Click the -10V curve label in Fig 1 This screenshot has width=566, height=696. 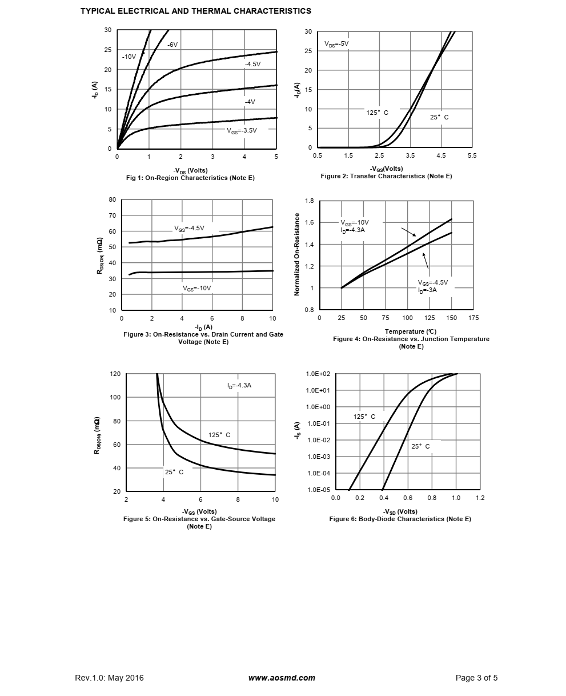(x=129, y=57)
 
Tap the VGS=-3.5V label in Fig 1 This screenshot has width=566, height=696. (x=242, y=130)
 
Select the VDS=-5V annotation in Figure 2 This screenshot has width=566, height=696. (x=336, y=43)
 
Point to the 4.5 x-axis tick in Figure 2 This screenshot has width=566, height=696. (x=441, y=155)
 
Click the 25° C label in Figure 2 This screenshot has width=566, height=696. (x=439, y=117)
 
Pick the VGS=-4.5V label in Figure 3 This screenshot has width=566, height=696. (x=189, y=228)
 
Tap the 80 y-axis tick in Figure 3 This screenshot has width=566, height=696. (x=112, y=200)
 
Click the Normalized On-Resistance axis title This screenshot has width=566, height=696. (x=296, y=254)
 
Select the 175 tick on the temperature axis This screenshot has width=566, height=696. (x=473, y=318)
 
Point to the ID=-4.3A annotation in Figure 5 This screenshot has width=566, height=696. (x=239, y=386)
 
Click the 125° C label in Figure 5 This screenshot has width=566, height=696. (x=219, y=435)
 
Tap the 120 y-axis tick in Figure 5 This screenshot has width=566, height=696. (x=115, y=374)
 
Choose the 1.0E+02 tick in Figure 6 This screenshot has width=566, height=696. (x=318, y=374)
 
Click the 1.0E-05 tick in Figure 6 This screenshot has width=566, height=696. (x=318, y=490)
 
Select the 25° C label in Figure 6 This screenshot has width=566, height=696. (x=420, y=446)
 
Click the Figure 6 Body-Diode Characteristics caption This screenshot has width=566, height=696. (x=400, y=519)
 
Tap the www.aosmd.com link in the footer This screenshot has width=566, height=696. (x=282, y=678)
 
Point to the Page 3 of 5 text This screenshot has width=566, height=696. (x=476, y=678)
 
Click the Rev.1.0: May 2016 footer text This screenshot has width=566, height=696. (x=109, y=678)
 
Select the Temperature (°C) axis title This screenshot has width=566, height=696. (x=411, y=331)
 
